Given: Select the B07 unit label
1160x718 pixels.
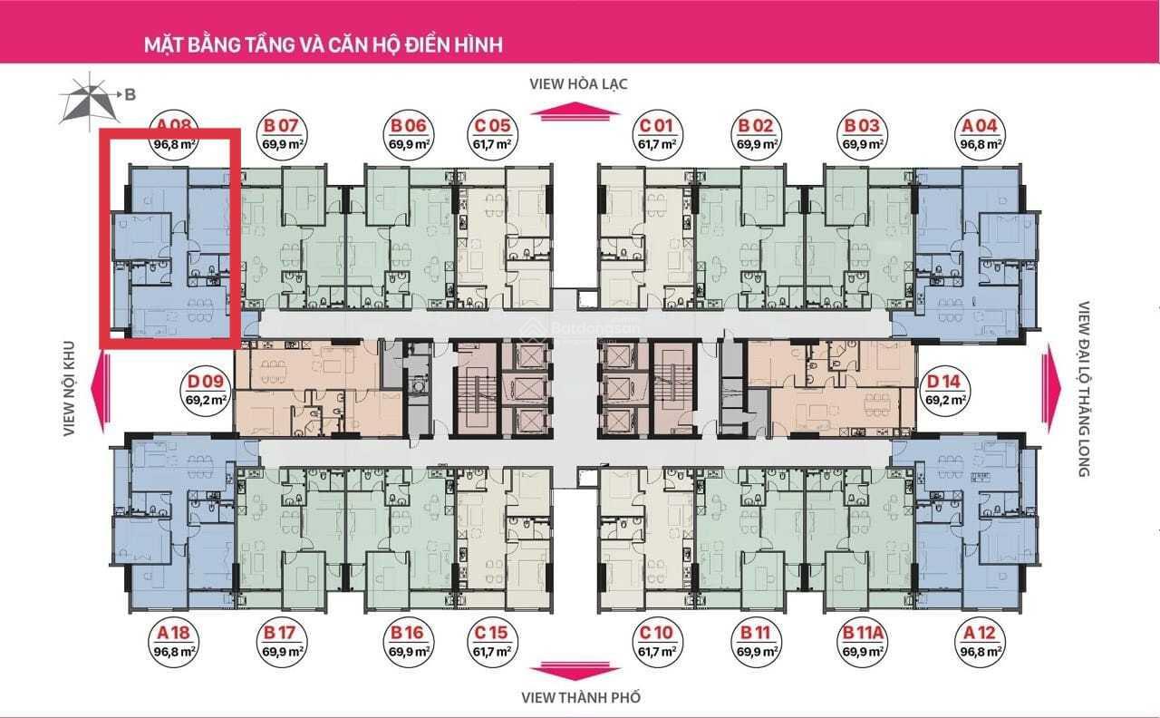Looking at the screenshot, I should point(282,126).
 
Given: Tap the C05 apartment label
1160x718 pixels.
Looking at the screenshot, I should point(492,126).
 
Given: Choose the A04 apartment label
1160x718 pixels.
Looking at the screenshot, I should point(981,126).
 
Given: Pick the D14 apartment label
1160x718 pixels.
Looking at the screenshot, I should point(944,382).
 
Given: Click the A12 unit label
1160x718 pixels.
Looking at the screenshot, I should point(981,633).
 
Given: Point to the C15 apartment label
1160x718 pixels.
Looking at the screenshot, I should point(492,633).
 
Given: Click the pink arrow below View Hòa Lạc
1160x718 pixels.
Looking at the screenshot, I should point(579,112).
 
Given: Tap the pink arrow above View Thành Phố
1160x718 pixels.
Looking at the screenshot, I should point(579,672).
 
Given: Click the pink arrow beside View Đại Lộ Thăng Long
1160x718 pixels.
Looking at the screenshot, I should point(1052,381).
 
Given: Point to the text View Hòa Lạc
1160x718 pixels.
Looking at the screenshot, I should point(579,84).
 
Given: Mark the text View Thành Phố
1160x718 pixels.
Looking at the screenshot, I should point(580,697).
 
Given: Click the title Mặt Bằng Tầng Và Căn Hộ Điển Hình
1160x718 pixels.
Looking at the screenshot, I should point(324,44).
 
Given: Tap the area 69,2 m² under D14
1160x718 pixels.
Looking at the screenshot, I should point(944,399).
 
